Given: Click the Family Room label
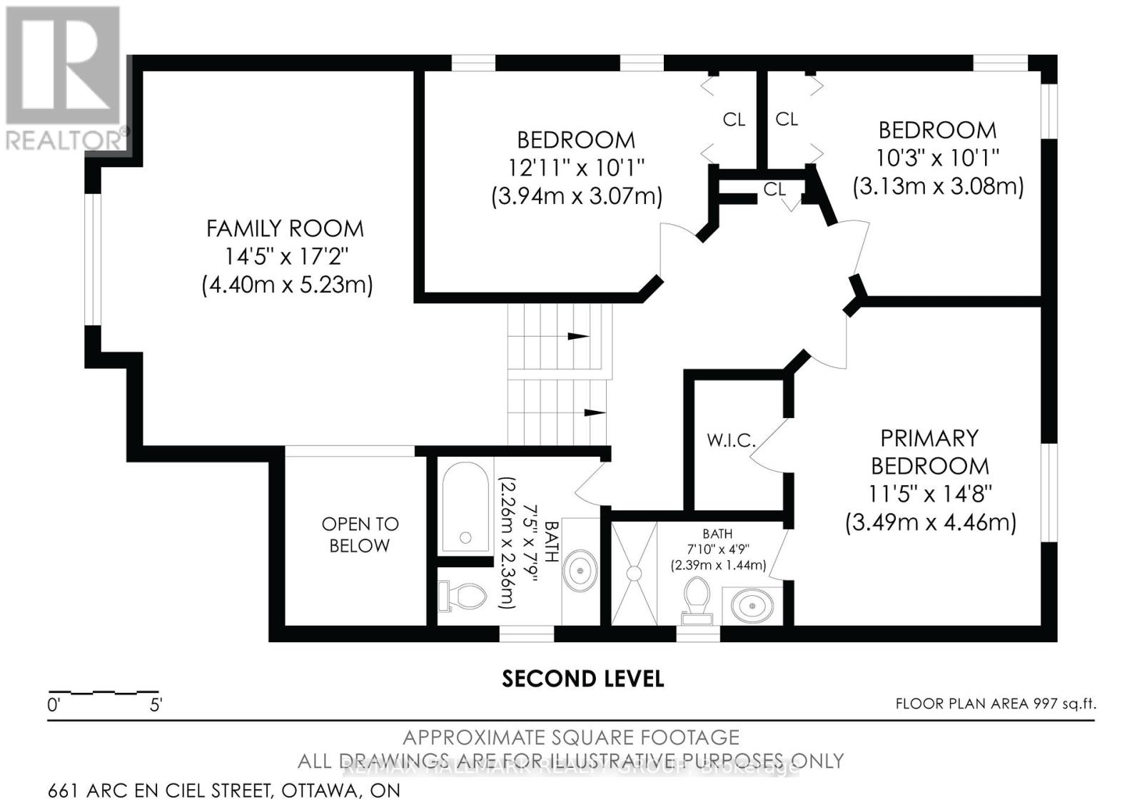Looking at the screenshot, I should pos(285,228).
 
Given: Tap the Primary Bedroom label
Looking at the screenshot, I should pos(929,452).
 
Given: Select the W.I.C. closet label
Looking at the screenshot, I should pos(731,440).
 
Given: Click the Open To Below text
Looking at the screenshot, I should pos(360,534).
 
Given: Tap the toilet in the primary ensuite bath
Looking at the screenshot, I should pos(697,597).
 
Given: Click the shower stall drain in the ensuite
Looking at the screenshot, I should pos(633,573).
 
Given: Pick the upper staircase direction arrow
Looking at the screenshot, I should pos(578,336).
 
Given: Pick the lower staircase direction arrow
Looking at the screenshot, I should pos(594,412).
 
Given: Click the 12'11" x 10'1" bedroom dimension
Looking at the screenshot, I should pos(576,168).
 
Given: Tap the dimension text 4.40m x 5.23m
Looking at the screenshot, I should pos(287,285).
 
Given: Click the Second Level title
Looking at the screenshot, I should pos(582,679).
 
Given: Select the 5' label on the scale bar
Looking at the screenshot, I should pos(156,706).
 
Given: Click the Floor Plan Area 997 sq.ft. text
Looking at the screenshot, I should pos(995,704).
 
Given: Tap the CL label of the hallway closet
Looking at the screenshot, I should pos(774,189).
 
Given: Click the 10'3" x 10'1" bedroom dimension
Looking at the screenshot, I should pos(937,157).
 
